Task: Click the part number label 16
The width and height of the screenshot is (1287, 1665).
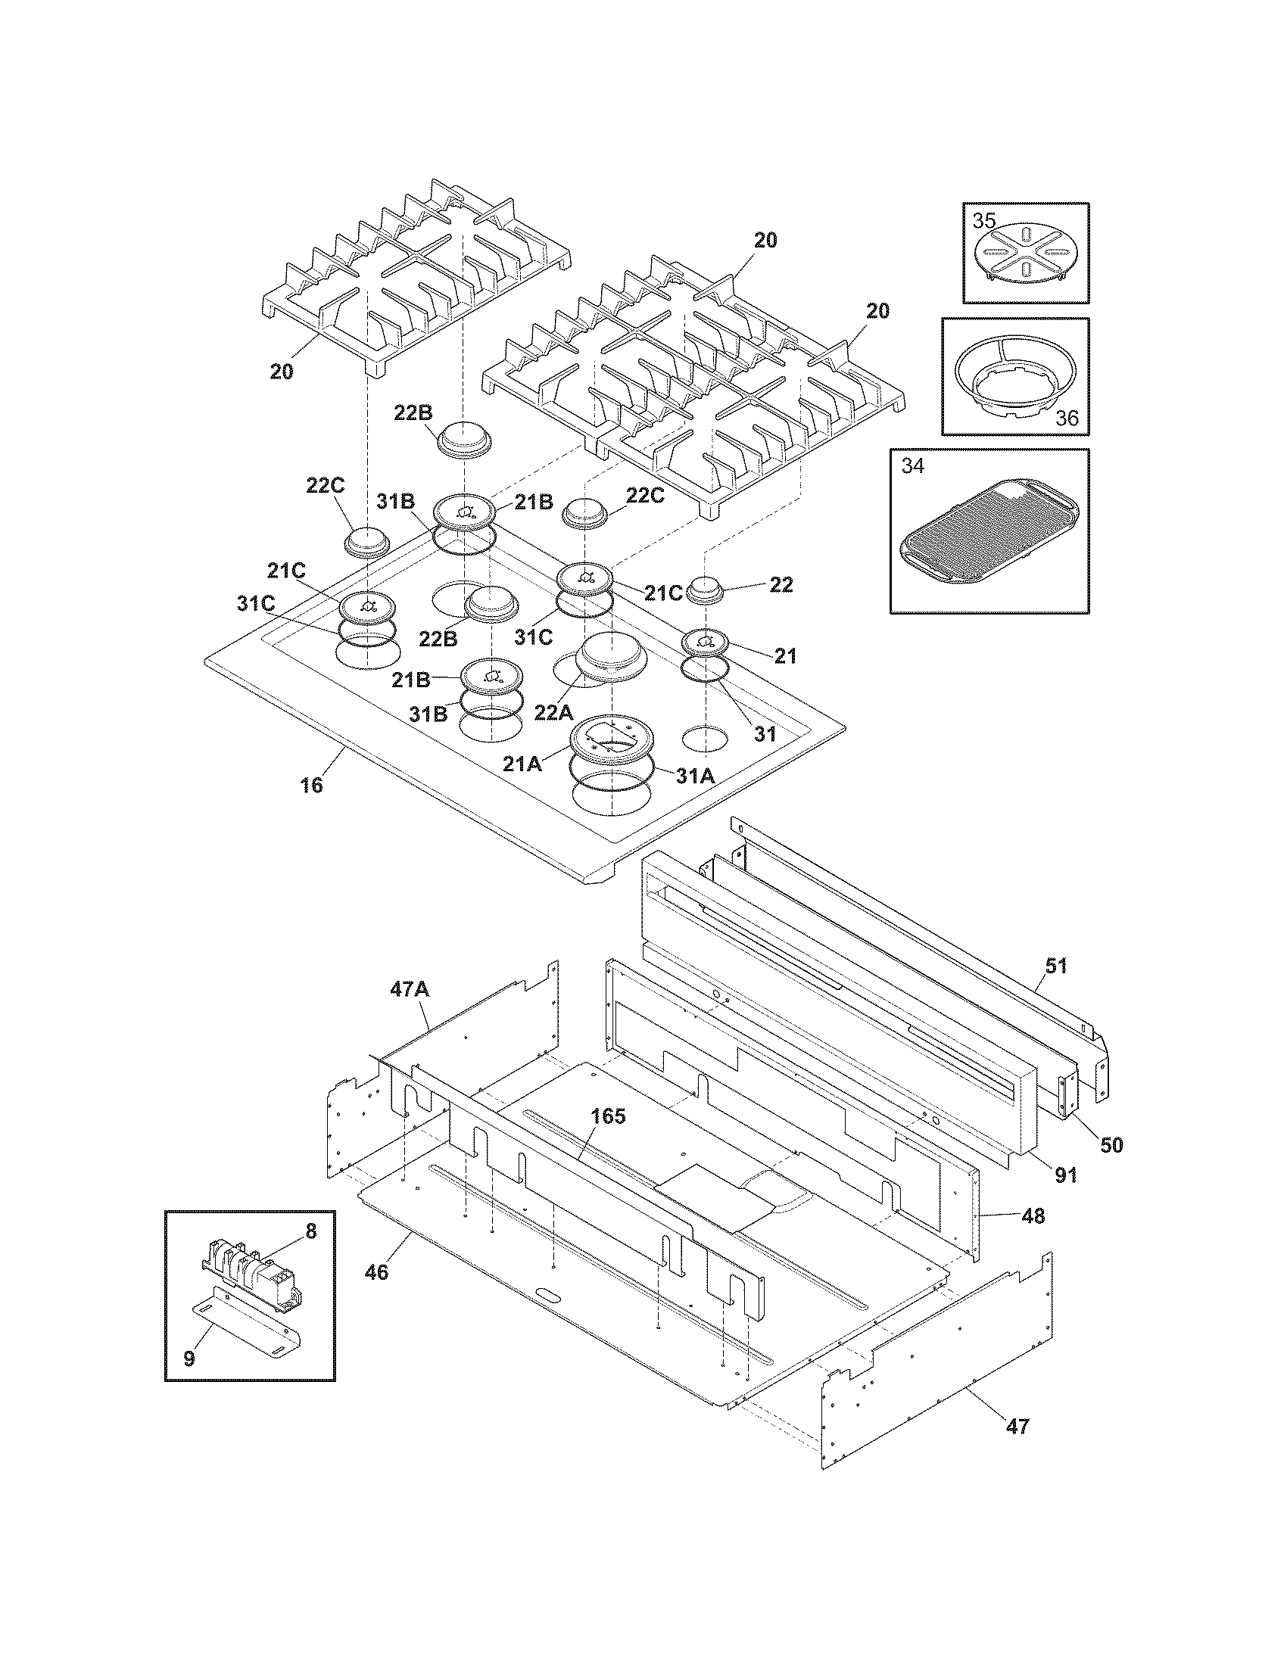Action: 311,785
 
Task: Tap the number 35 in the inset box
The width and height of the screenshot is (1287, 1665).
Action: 983,221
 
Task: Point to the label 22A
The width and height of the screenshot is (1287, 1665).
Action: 553,713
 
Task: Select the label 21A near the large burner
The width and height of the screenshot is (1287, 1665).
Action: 522,764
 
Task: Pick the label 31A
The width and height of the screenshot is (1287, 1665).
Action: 694,776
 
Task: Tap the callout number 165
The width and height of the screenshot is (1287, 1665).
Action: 608,1116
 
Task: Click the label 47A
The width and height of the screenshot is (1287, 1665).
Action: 410,990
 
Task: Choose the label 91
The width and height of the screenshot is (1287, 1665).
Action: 1065,1175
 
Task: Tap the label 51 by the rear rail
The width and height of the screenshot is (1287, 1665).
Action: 1056,966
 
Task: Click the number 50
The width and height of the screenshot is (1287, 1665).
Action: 1111,1145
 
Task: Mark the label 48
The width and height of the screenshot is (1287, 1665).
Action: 1033,1215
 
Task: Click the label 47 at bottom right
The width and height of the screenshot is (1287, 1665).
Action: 1017,1426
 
